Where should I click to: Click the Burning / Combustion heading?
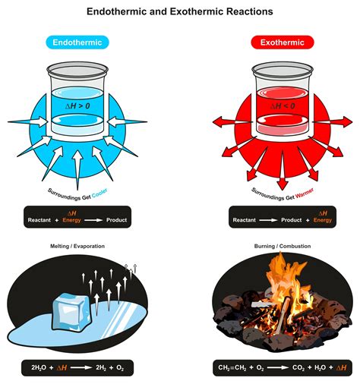281,246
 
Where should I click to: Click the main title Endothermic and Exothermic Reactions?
180,12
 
